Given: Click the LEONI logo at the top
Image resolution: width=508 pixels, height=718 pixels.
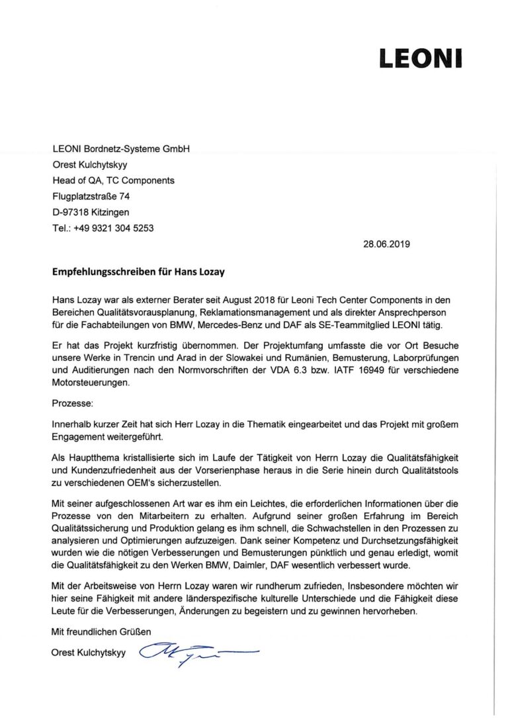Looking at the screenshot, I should [x=420, y=58].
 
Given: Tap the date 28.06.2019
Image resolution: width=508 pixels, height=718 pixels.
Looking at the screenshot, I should [x=386, y=243].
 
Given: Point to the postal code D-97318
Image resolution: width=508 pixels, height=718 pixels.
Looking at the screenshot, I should [x=69, y=212].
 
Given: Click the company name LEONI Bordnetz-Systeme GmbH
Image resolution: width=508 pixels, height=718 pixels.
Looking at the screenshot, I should [x=121, y=149].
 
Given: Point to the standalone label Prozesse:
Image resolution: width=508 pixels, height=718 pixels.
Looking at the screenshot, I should [x=73, y=401].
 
